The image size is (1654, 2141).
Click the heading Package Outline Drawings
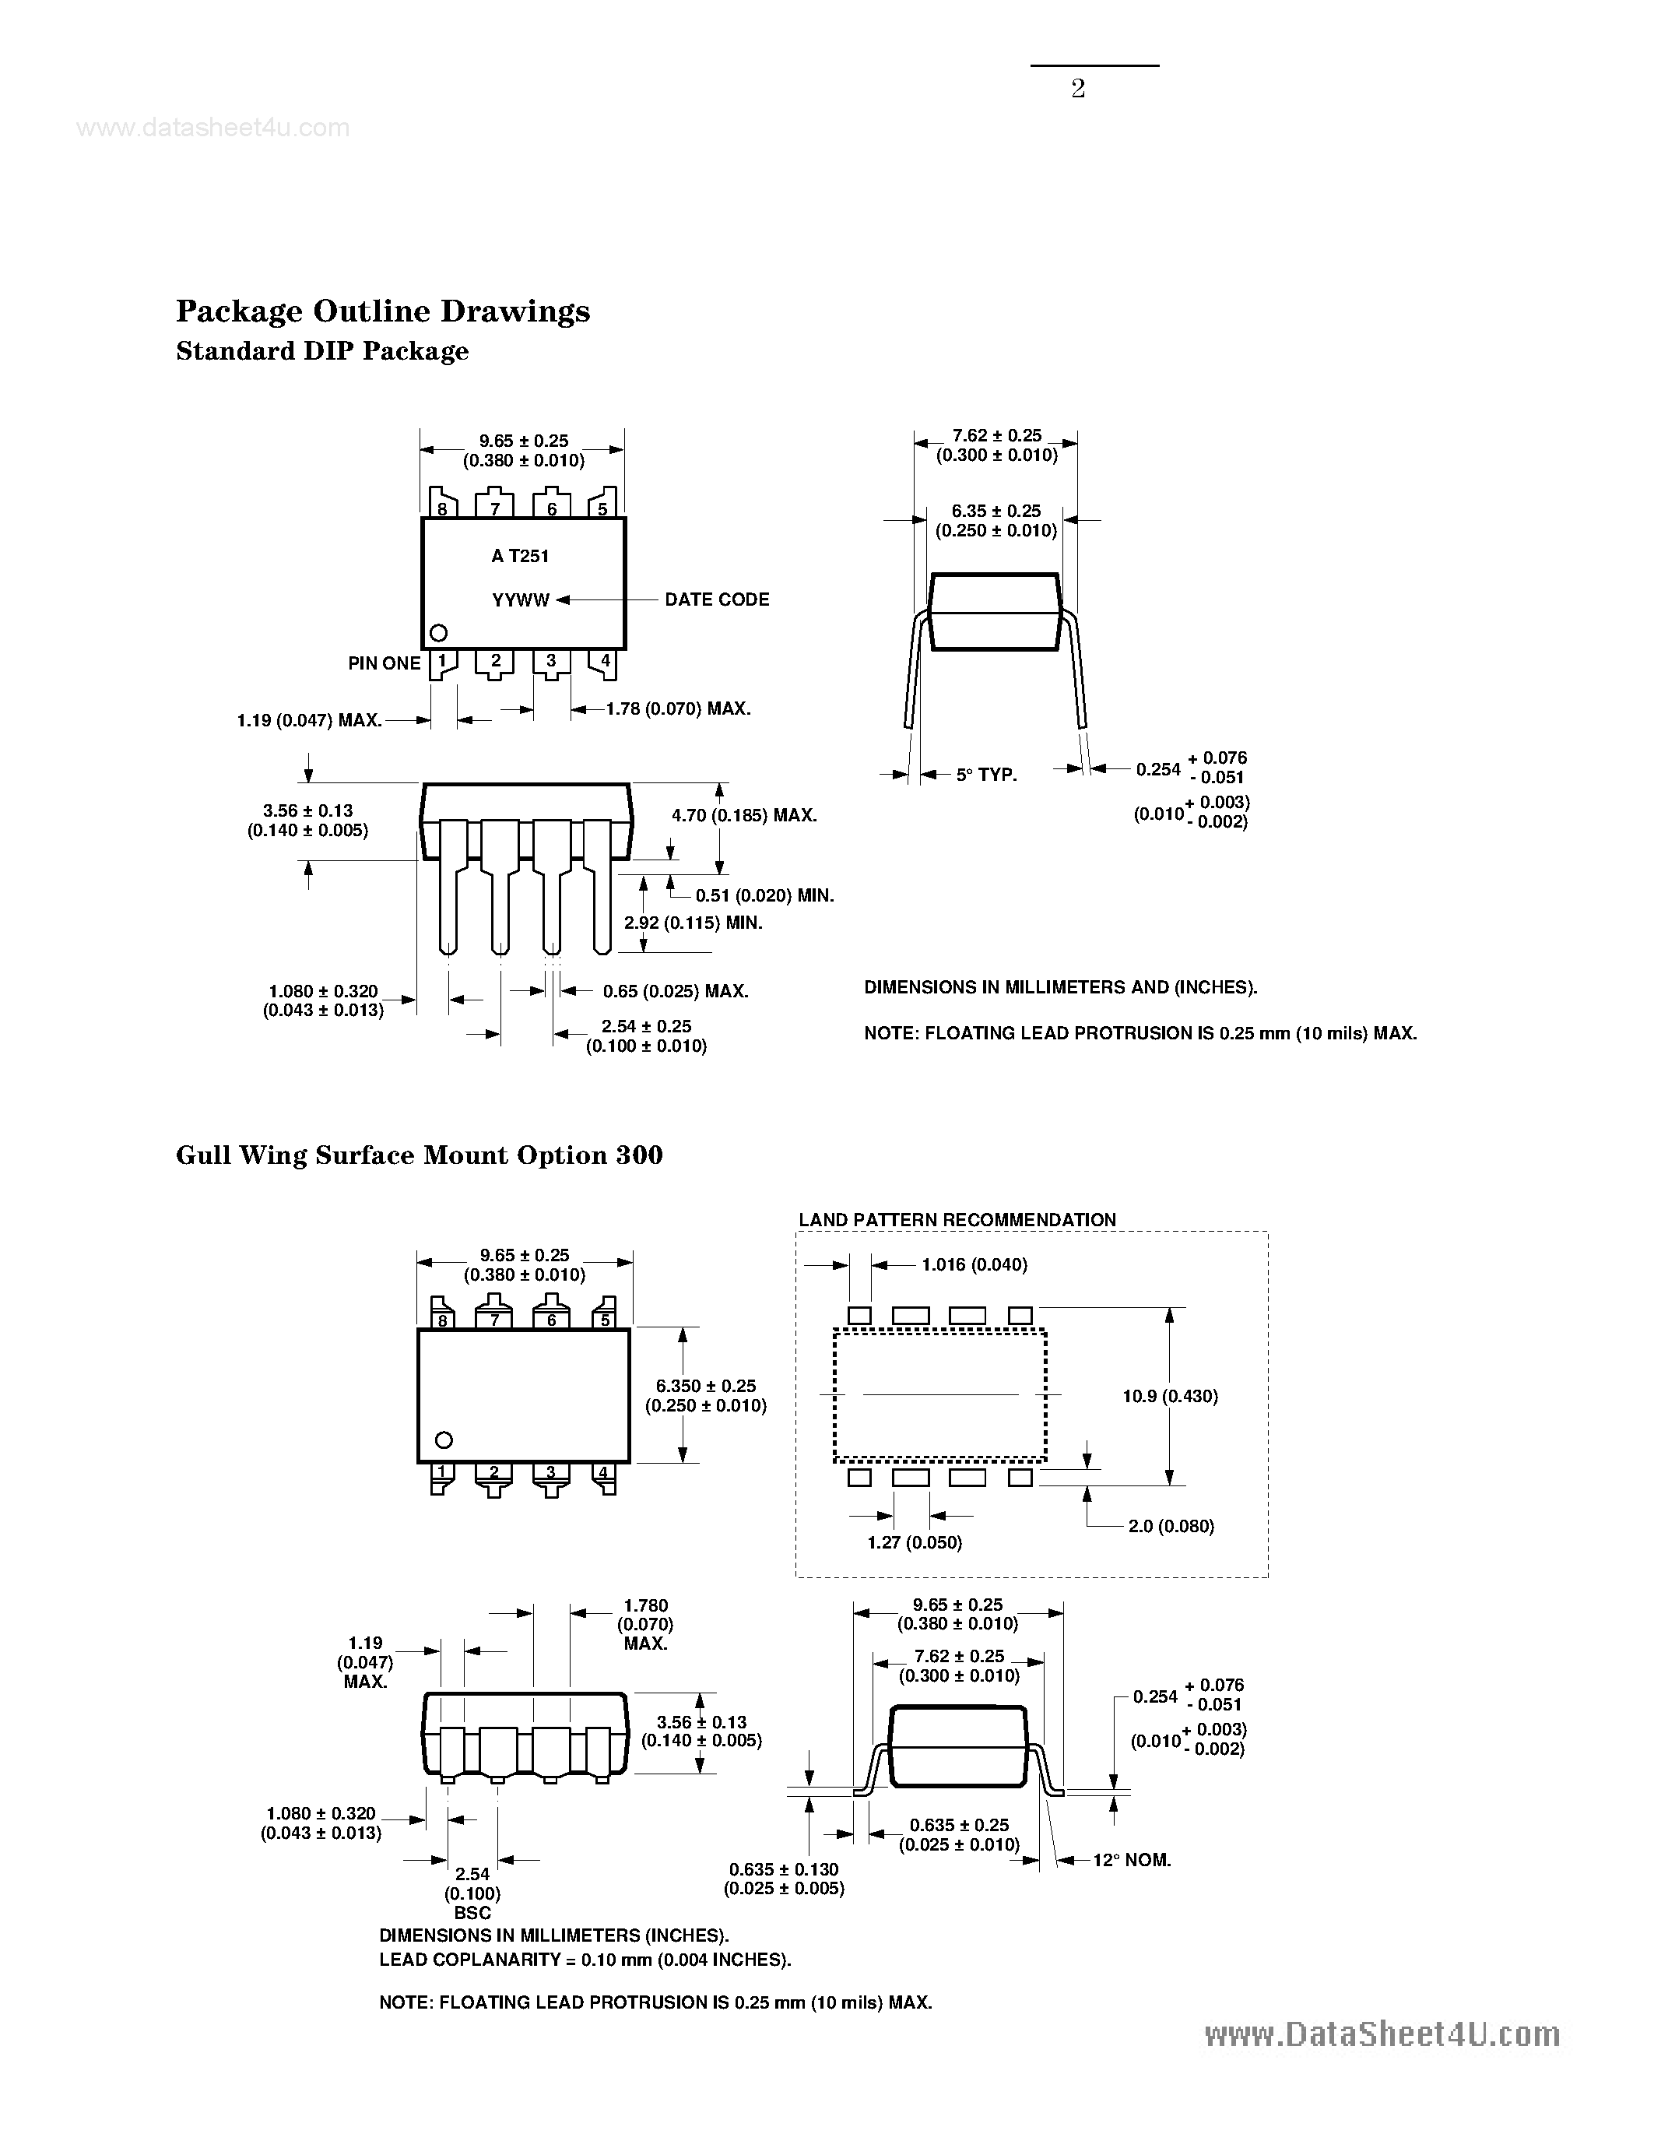[x=382, y=311]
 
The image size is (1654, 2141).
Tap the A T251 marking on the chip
[x=520, y=556]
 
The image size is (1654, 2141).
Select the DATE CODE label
[x=716, y=599]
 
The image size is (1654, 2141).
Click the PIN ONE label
[x=384, y=663]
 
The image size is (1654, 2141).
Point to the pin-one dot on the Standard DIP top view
[x=439, y=633]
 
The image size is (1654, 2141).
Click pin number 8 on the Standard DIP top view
[x=443, y=509]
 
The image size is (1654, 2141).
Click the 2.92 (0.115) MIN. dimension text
[x=693, y=923]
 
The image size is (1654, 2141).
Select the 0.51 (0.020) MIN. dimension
[x=764, y=895]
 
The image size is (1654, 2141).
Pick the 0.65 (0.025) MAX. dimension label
[x=675, y=991]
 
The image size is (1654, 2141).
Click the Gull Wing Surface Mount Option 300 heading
[x=419, y=1155]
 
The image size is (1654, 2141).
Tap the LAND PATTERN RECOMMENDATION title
[x=957, y=1219]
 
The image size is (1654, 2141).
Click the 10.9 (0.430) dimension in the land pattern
[x=1170, y=1396]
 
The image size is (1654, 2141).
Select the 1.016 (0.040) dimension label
[x=974, y=1264]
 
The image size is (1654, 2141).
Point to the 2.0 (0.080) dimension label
[x=1170, y=1527]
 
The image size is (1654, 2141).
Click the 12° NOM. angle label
[x=1132, y=1861]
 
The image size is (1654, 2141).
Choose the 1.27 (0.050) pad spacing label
[x=915, y=1543]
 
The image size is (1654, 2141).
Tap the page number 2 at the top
[x=1078, y=90]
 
